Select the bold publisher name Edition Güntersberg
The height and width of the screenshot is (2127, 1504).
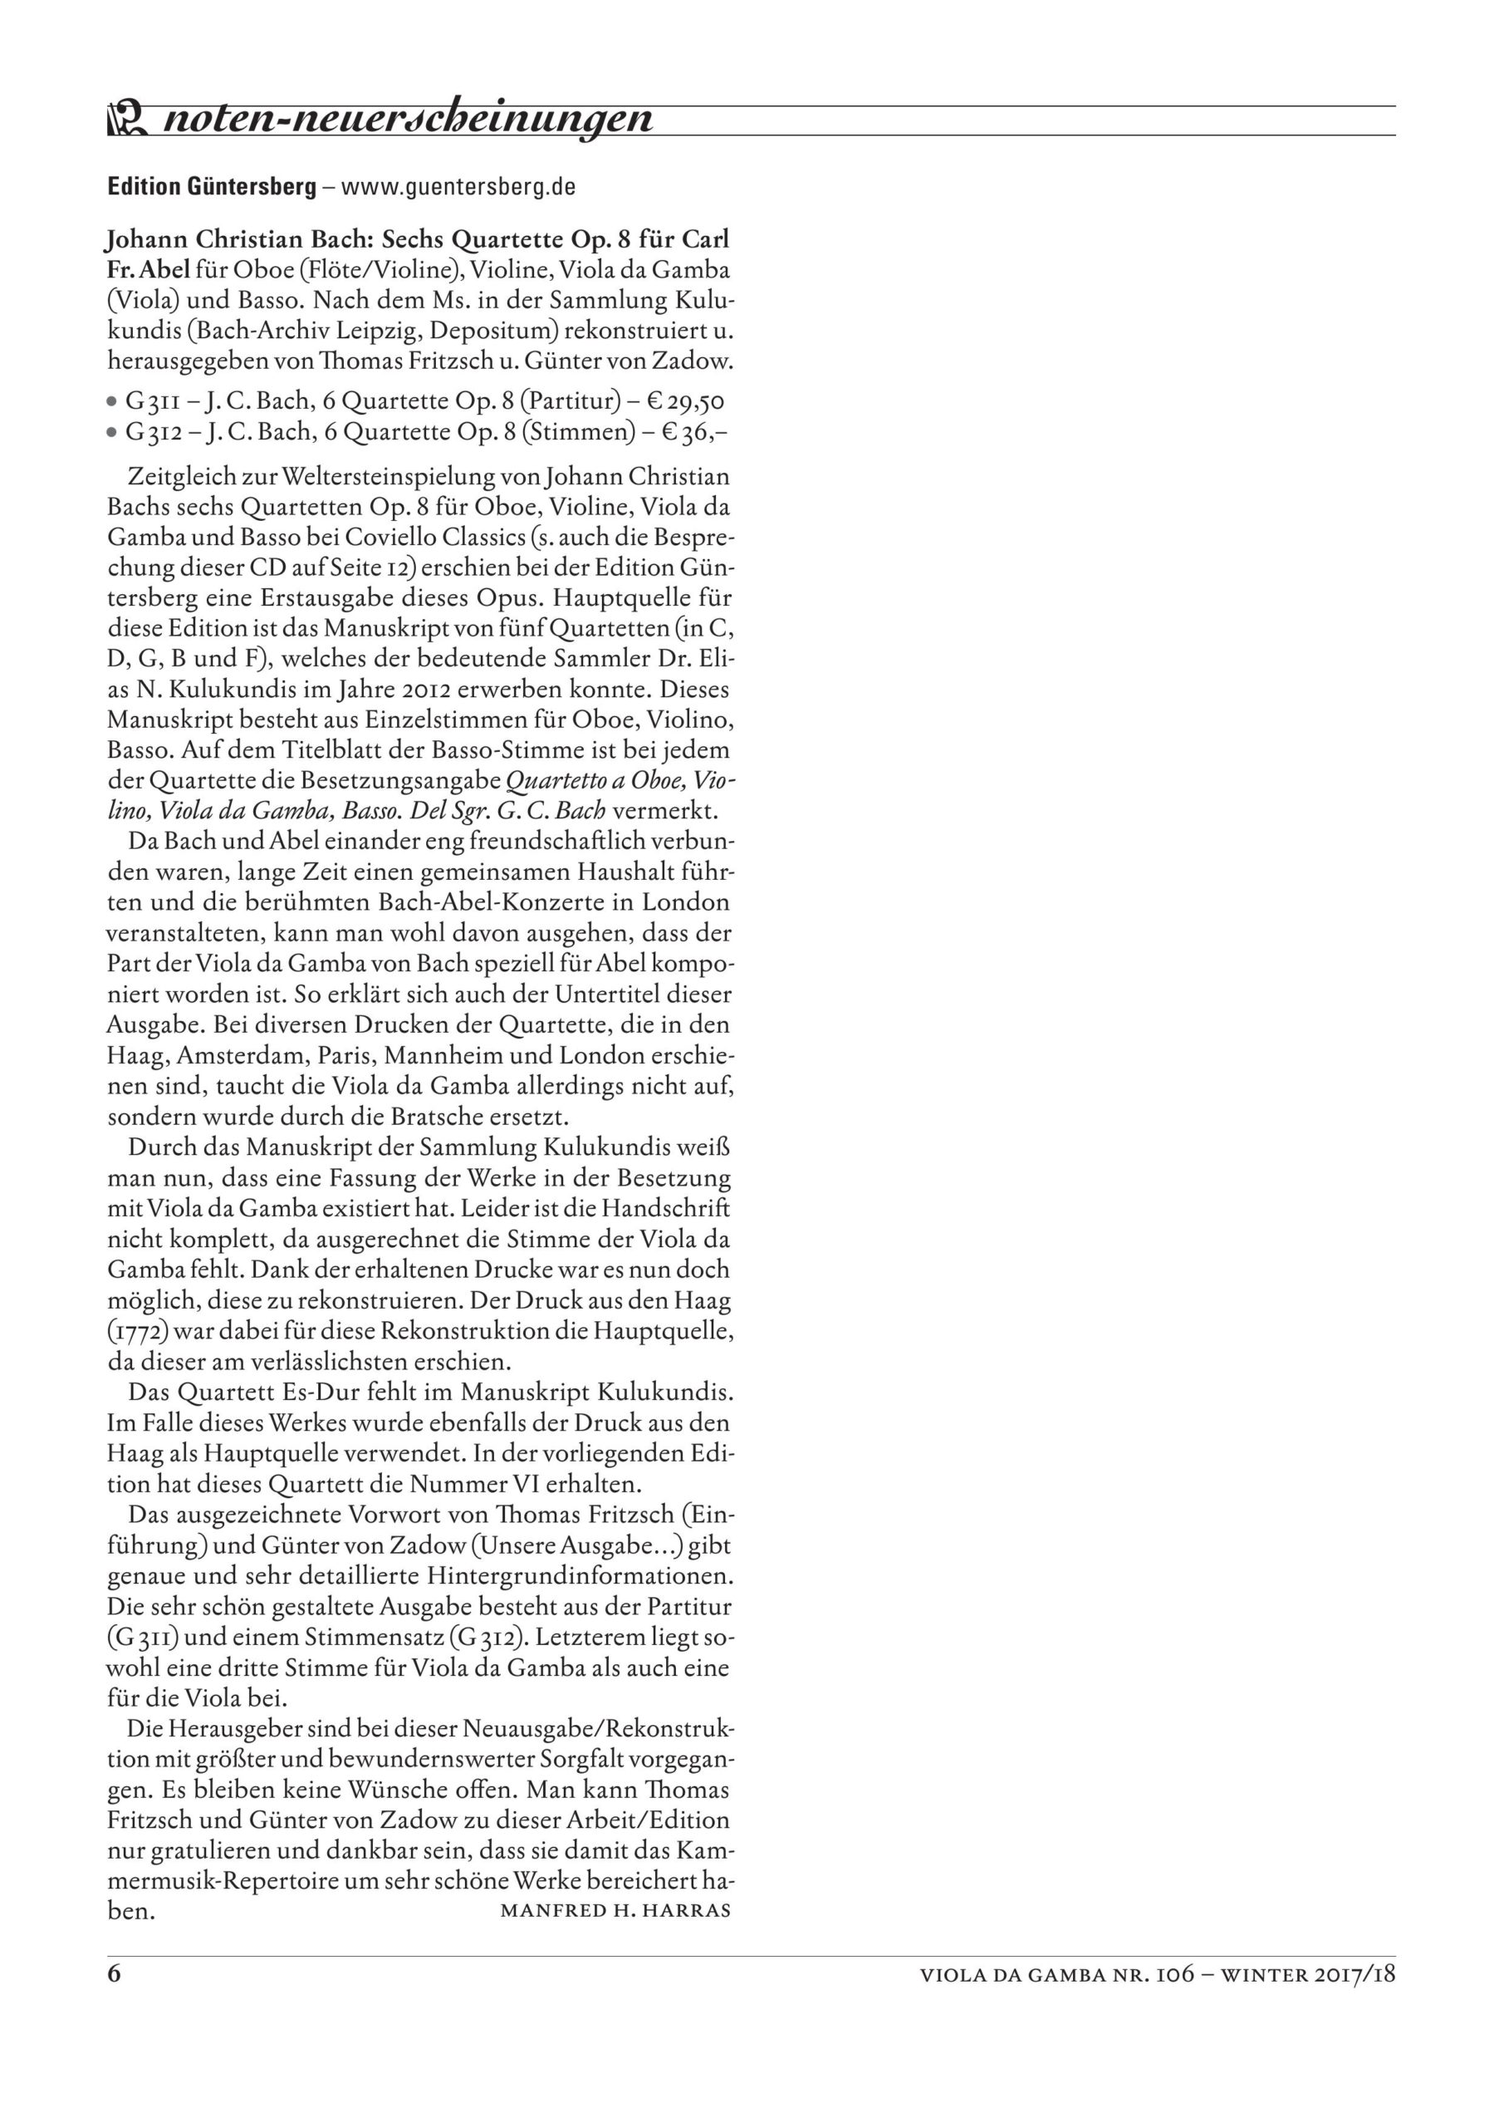(x=212, y=187)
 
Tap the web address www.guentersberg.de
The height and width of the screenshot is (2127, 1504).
(x=458, y=187)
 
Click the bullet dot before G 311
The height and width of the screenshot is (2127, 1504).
(x=112, y=403)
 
